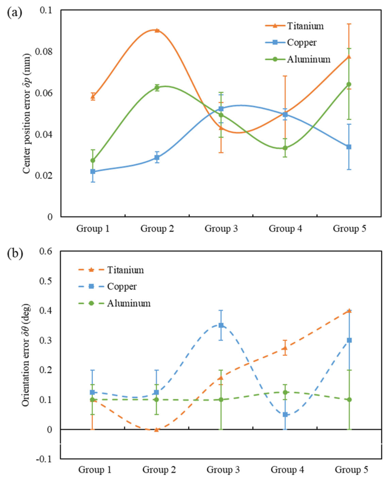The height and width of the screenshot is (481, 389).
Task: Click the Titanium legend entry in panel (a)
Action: pos(294,26)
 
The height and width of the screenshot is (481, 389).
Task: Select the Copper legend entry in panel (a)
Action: pos(291,42)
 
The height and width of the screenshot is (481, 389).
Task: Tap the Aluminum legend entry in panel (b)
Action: pos(114,303)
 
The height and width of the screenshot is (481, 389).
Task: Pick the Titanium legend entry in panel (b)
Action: pos(111,270)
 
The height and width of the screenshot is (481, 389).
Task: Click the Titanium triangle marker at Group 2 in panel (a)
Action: pos(157,30)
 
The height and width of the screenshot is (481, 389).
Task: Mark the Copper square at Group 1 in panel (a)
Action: pos(92,171)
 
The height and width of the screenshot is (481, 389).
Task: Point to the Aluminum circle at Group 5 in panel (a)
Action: pos(349,84)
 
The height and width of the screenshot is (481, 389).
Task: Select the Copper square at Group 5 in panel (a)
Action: pos(349,147)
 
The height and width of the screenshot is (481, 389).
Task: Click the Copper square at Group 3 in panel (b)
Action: pos(221,325)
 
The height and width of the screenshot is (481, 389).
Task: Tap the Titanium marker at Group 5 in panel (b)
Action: pos(349,310)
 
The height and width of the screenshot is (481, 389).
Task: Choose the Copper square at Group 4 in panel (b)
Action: pos(285,414)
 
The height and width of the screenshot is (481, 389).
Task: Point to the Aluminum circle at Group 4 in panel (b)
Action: pos(285,392)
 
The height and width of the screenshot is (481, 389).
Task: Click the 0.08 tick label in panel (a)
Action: pos(43,51)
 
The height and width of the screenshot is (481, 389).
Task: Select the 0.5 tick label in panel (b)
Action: pos(46,280)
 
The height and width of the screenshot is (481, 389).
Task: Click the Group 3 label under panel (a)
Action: pos(221,228)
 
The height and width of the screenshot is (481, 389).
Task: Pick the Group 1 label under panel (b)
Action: pos(95,469)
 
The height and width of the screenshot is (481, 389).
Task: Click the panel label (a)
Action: pos(14,12)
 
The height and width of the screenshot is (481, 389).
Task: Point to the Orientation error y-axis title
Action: pos(26,355)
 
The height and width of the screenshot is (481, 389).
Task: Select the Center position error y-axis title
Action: pos(26,113)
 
